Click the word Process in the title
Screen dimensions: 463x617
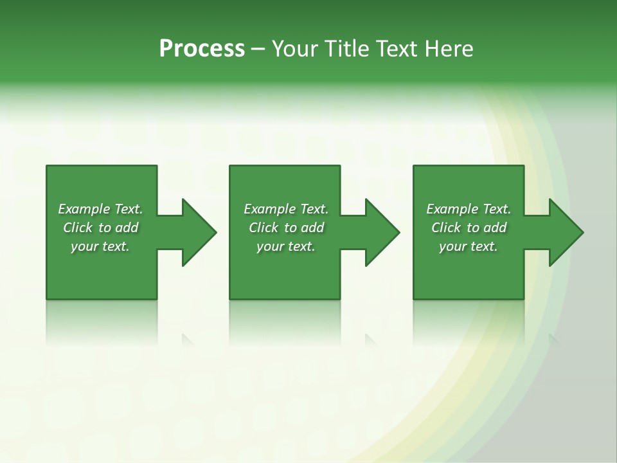(x=202, y=49)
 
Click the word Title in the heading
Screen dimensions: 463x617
(x=345, y=49)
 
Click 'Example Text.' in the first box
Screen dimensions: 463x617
(x=100, y=209)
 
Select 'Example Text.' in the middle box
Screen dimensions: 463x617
(x=286, y=209)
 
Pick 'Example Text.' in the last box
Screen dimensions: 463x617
(x=469, y=209)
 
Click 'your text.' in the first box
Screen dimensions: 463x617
(x=100, y=246)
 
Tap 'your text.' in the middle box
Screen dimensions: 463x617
(x=286, y=246)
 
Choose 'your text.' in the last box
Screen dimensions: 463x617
(x=469, y=246)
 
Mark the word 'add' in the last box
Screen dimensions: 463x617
(x=495, y=228)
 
